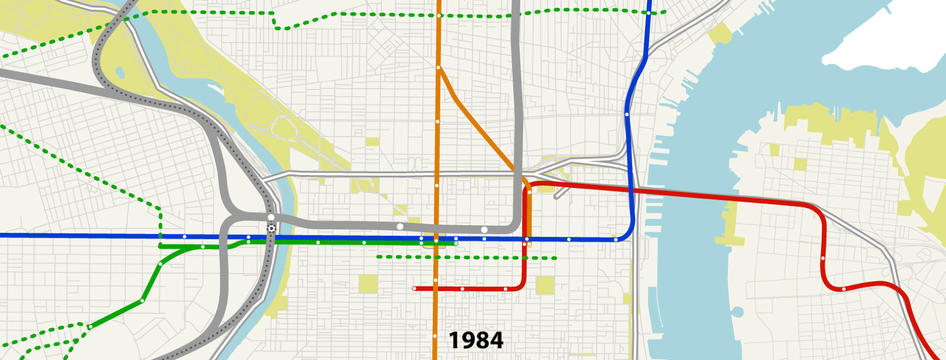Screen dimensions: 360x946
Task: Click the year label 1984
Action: tap(476, 340)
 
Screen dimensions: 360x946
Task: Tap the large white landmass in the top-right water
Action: tap(881, 41)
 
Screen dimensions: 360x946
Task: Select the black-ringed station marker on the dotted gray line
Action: tap(271, 228)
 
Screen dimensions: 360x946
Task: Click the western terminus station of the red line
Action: tap(414, 288)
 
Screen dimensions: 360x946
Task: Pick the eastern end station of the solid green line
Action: tap(456, 243)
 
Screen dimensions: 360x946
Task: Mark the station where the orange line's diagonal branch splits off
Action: tap(438, 68)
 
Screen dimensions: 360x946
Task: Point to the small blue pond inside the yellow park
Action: tap(121, 73)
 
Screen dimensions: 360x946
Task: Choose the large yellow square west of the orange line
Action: tap(368, 284)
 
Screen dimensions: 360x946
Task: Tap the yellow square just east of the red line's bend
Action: tap(545, 285)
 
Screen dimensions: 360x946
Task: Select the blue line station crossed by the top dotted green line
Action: tap(649, 12)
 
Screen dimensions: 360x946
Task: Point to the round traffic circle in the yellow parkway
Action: tap(364, 185)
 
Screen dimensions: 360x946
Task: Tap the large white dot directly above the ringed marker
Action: tap(271, 218)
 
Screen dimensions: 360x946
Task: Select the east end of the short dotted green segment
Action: tap(556, 258)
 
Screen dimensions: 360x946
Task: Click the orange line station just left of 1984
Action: tap(435, 337)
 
